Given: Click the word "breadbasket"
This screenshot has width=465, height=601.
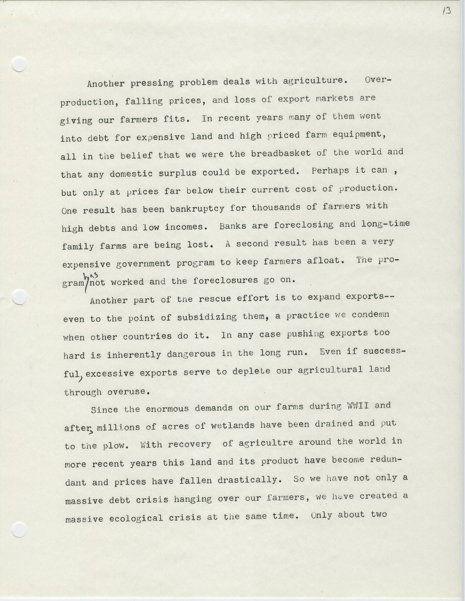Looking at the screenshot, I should click(x=281, y=154).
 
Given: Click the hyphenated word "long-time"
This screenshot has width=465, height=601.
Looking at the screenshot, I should click(x=385, y=223).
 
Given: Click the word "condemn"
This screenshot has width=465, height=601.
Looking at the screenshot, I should click(x=370, y=315).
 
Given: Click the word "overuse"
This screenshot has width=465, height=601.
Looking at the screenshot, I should click(x=129, y=392).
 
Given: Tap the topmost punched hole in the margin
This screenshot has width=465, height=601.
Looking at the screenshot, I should click(x=19, y=65).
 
